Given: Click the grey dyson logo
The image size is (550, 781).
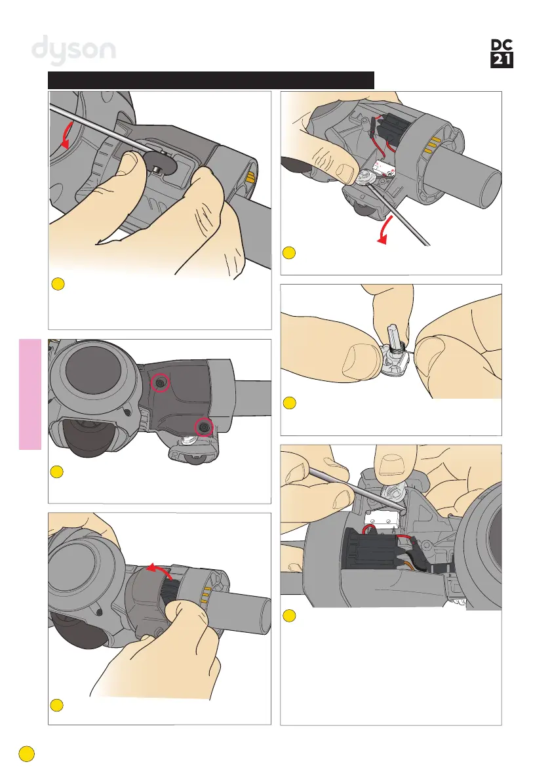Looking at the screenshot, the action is tap(73, 50).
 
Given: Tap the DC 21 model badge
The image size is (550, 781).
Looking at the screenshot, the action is tap(501, 53).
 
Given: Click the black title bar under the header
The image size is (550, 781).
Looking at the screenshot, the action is tap(211, 80).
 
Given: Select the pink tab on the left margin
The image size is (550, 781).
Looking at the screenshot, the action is tap(30, 394).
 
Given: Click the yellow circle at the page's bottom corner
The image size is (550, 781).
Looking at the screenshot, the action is tap(27, 753).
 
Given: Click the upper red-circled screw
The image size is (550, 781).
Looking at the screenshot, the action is tap(161, 383).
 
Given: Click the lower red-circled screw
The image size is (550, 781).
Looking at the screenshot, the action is tap(203, 427).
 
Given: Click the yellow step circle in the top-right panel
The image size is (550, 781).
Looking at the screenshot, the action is tap(288, 253).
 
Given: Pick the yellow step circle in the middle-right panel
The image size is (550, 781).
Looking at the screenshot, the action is tap(289, 403).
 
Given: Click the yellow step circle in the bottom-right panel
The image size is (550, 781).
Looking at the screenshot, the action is tap(289, 616).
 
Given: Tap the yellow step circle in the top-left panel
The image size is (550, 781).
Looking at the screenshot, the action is tap(58, 285).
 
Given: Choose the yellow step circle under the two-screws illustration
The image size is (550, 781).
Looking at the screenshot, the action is tap(57, 471).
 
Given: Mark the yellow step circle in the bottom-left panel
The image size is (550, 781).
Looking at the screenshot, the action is tap(57, 706).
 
